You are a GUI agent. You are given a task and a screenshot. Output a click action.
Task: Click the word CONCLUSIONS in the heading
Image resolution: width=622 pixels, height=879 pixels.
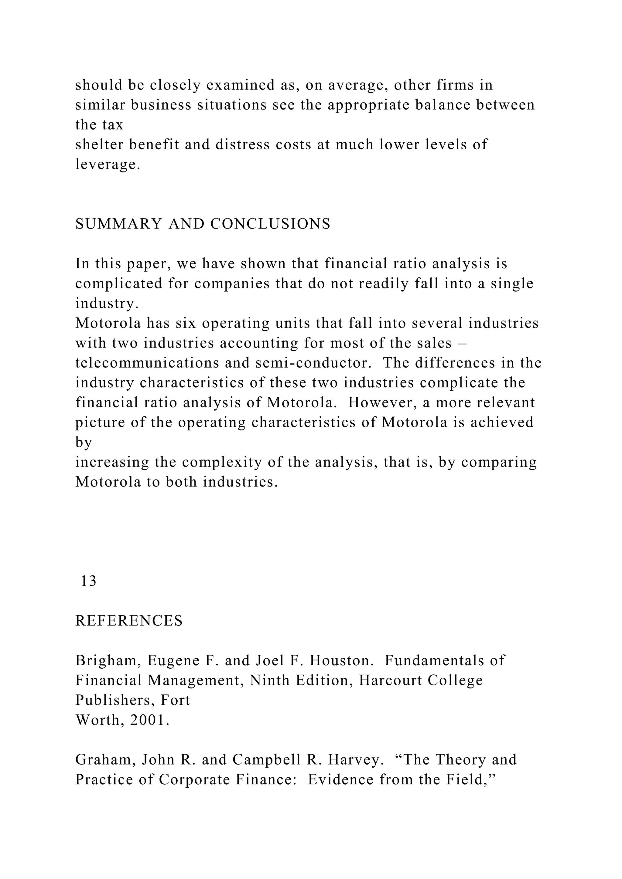[x=270, y=224]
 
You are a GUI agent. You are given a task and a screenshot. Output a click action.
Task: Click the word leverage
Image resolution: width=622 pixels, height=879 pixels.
[x=108, y=165]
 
